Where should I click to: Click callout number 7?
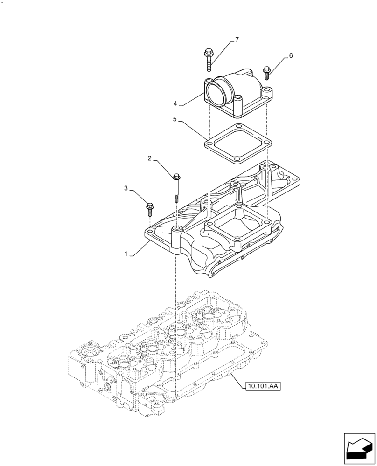click(x=237, y=40)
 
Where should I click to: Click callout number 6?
click(x=291, y=56)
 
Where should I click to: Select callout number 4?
click(x=175, y=103)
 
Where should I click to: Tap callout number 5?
click(x=175, y=120)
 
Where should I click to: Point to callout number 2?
click(x=149, y=158)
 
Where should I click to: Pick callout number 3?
click(x=126, y=188)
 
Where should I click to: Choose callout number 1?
click(x=126, y=254)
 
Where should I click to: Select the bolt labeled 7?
click(x=208, y=59)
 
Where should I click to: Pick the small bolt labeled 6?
click(x=267, y=73)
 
